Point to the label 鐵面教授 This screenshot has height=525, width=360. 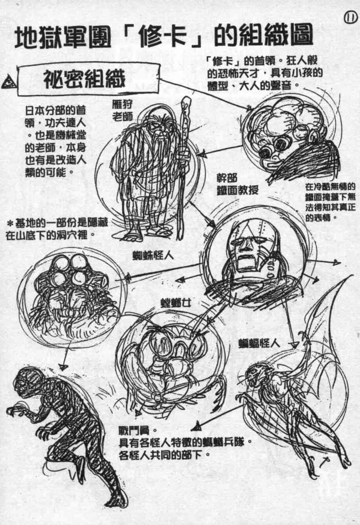click(x=237, y=190)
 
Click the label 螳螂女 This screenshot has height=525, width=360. click(x=176, y=303)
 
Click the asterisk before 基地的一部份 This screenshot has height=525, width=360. click(x=10, y=222)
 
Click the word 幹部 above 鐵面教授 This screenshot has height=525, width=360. click(x=227, y=178)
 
